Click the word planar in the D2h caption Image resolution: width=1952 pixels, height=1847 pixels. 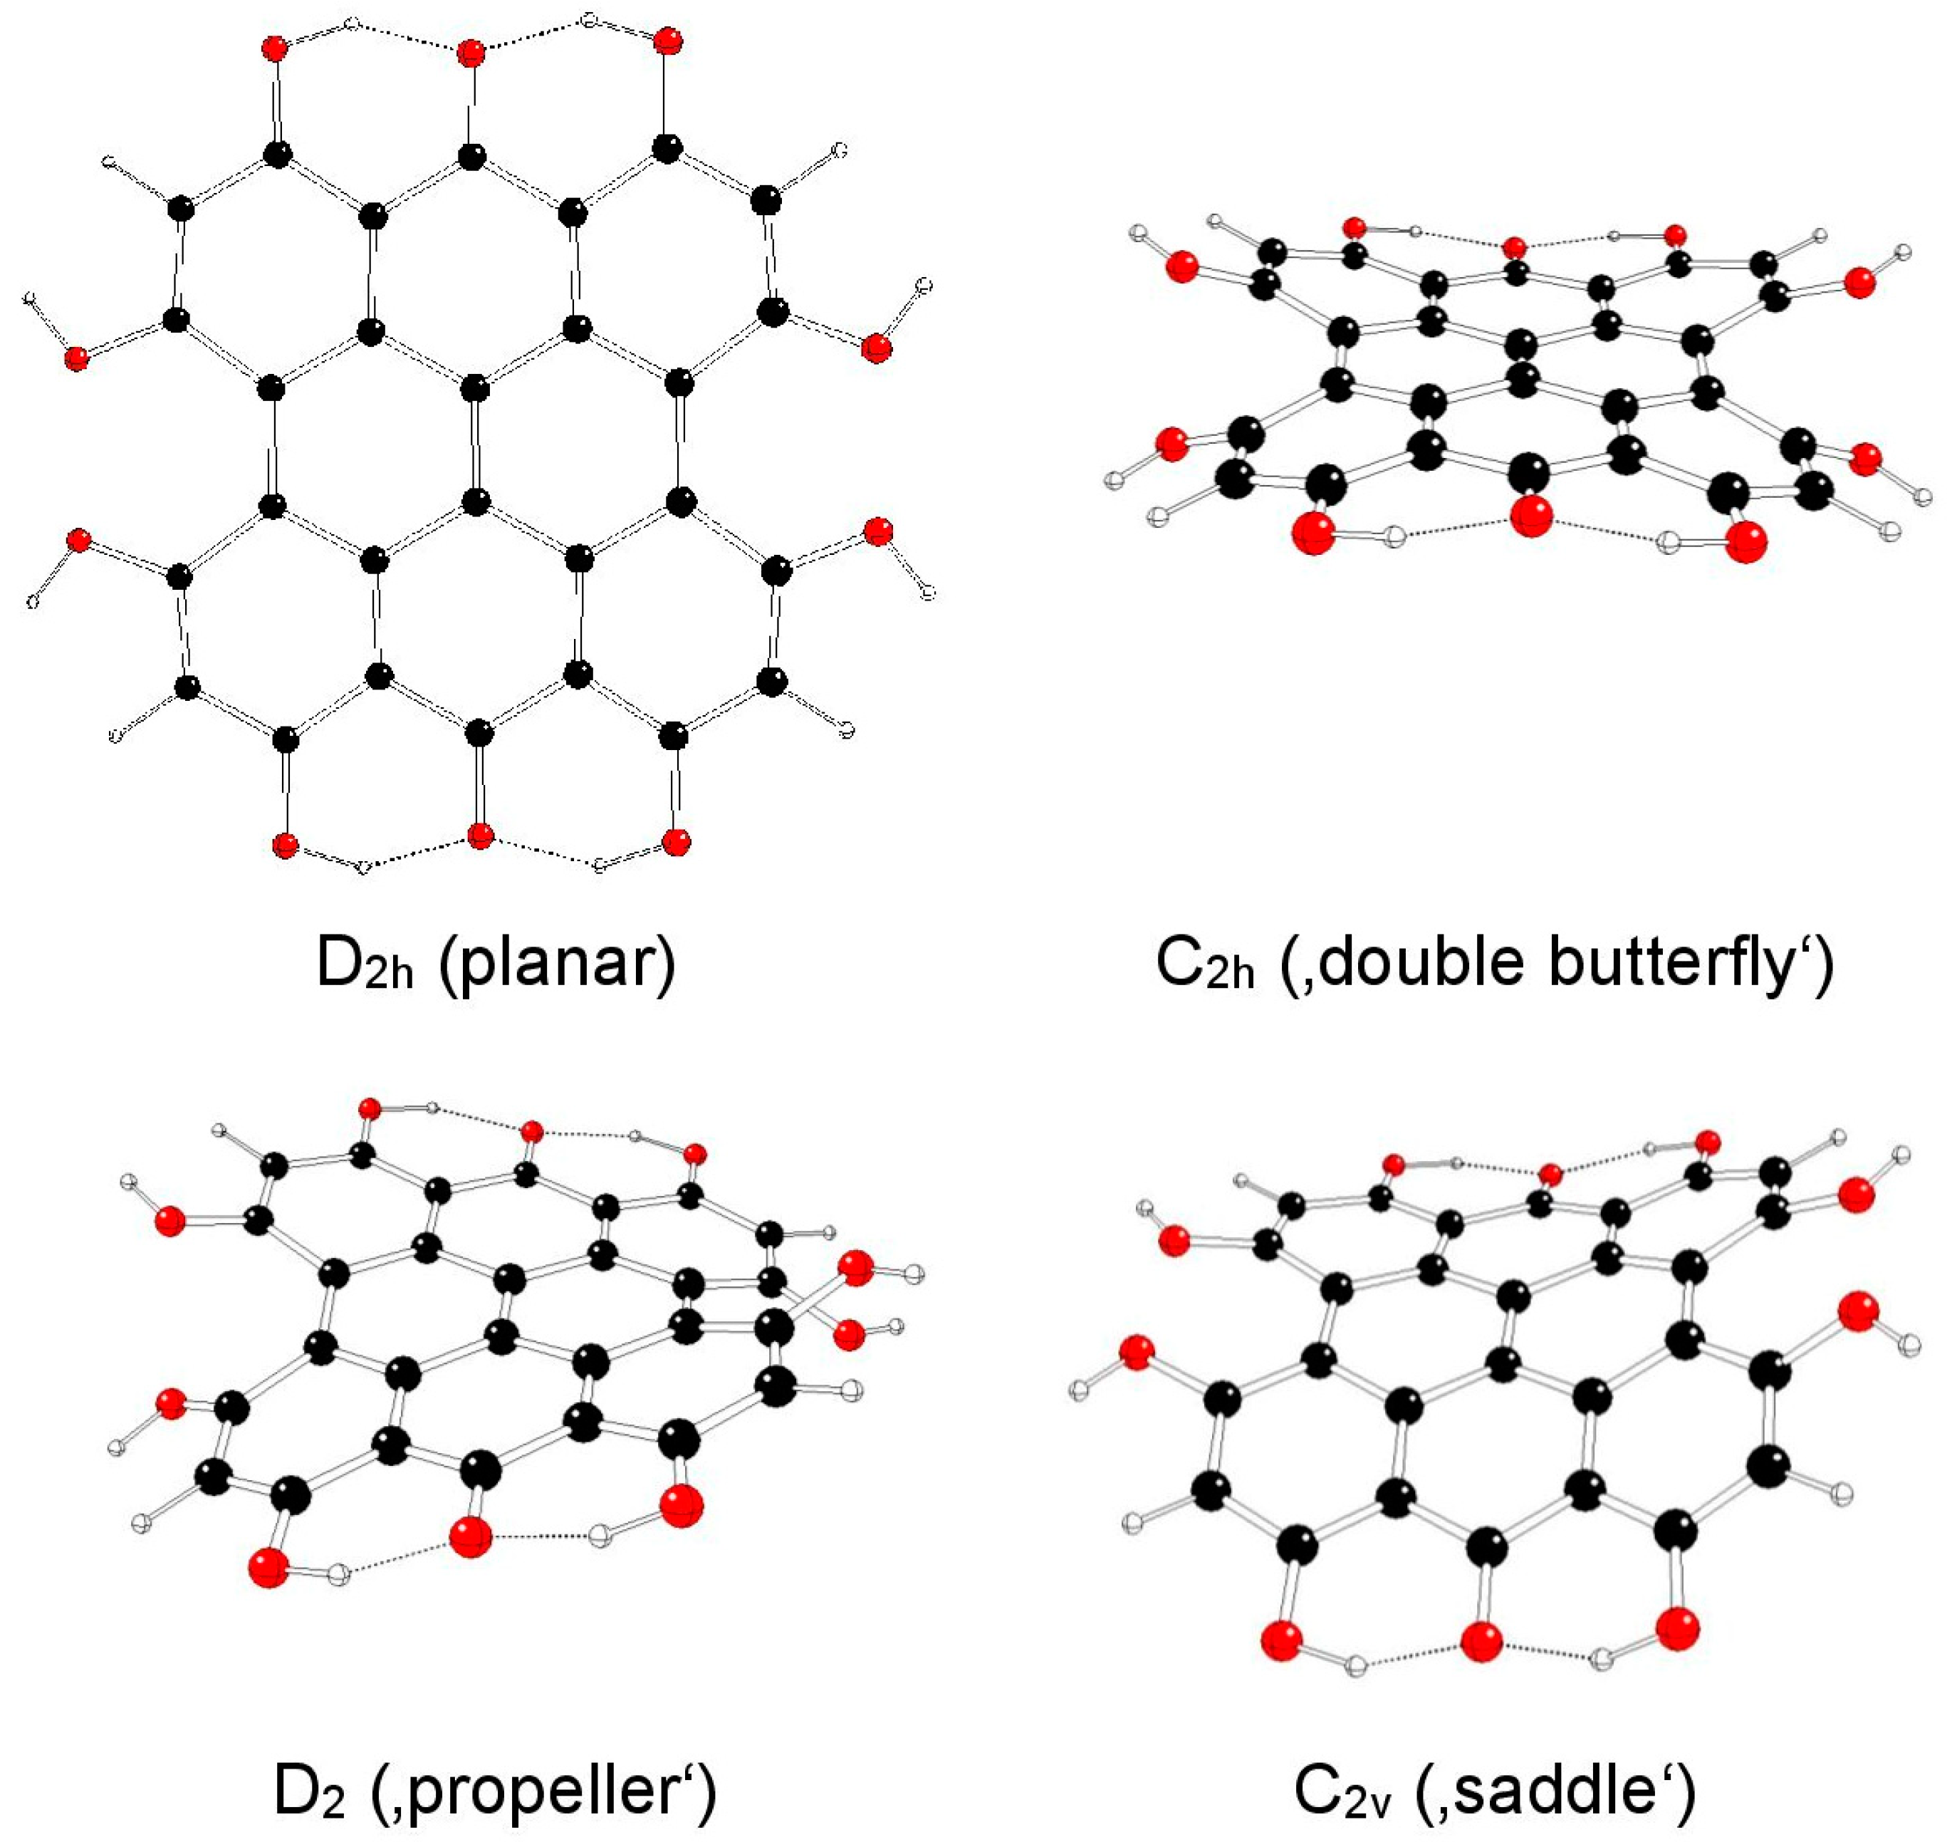pyautogui.click(x=558, y=962)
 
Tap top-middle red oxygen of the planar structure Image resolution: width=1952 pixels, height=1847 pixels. pyautogui.click(x=471, y=53)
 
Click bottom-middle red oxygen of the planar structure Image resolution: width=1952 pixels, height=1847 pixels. pyautogui.click(x=481, y=836)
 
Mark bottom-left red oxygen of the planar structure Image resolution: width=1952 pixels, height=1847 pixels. pyautogui.click(x=284, y=845)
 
